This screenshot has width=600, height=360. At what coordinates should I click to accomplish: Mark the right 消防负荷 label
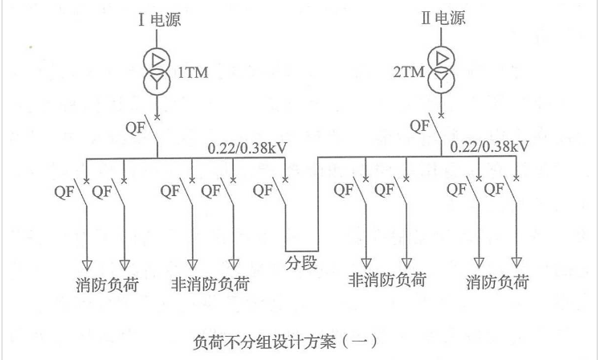[x=500, y=282]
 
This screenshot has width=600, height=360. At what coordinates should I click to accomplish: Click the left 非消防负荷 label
[x=210, y=284]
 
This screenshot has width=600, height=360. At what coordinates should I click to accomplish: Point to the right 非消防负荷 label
[x=387, y=280]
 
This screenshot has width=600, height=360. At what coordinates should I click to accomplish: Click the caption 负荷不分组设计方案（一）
[x=296, y=339]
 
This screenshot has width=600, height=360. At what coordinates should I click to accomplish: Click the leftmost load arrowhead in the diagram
[x=88, y=264]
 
